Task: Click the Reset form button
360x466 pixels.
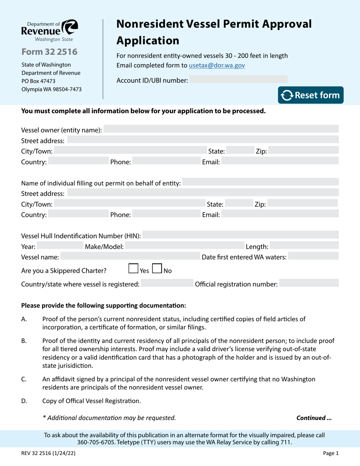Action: click(311, 95)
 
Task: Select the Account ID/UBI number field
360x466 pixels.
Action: click(238, 79)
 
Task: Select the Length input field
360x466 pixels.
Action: click(304, 246)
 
